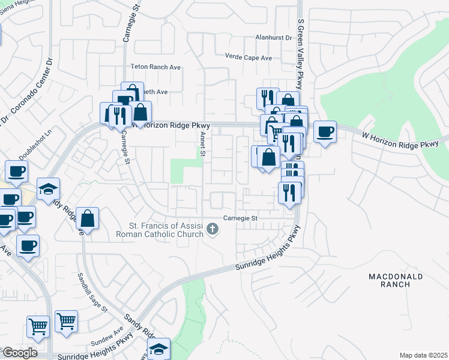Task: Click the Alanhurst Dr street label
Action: [272, 37]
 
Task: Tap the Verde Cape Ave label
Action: [249, 58]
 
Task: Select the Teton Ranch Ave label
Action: [155, 67]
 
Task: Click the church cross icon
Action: [212, 229]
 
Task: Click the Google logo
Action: [19, 353]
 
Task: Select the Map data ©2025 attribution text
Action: [423, 355]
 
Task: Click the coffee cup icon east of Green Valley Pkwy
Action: [325, 131]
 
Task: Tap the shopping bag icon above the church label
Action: [88, 220]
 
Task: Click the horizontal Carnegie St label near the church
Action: [240, 218]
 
